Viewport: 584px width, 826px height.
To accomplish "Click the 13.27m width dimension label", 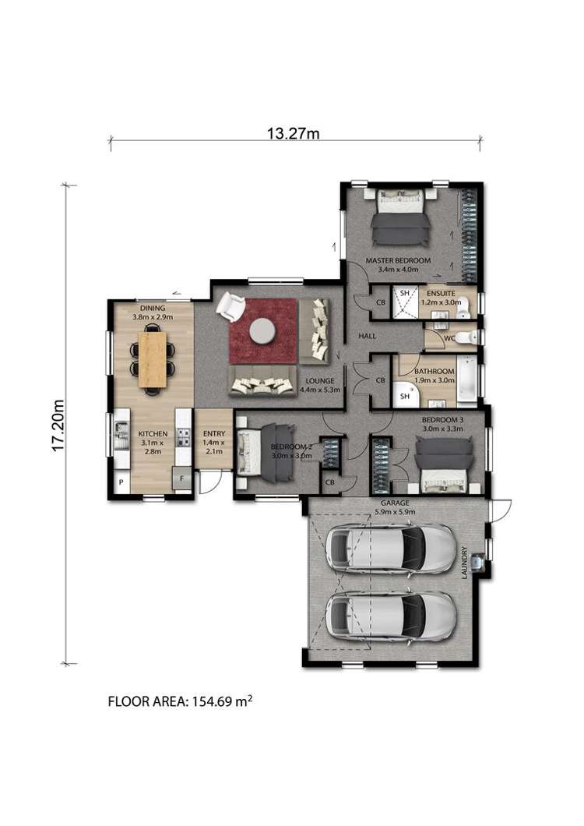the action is tap(293, 132).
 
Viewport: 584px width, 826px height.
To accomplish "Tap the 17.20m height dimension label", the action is tap(58, 425).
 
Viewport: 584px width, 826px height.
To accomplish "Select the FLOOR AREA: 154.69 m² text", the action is tap(180, 701).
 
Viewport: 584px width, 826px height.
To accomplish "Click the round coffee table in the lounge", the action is tap(262, 331).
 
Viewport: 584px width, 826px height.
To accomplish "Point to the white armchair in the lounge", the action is tap(230, 306).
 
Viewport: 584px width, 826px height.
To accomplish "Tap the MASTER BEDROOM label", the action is tap(398, 260).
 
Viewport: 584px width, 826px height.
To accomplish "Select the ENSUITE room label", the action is tap(441, 294).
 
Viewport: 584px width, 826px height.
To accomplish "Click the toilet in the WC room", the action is tap(466, 337).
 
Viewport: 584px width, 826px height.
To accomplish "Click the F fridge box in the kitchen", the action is tap(181, 479).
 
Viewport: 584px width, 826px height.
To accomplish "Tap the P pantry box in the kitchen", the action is tap(121, 482).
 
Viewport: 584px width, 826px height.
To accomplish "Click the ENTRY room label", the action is tap(214, 433).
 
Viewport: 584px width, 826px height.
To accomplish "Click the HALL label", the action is tap(367, 336).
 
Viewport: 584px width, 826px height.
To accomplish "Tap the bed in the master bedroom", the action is tap(400, 217).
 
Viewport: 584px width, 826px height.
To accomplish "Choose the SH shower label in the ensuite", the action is tap(404, 293).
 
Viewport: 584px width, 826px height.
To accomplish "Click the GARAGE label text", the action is tap(395, 503).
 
